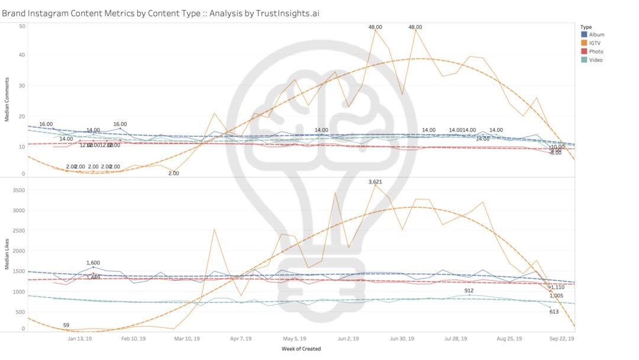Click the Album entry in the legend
[x=596, y=34]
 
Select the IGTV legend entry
[x=596, y=43]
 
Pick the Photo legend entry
[x=596, y=52]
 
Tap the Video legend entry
[x=596, y=60]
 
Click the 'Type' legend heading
[x=586, y=27]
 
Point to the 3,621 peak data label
[x=375, y=182]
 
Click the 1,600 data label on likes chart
[x=93, y=263]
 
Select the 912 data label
[x=469, y=290]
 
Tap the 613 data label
[x=554, y=311]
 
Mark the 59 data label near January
[x=66, y=324]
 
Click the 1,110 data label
[x=557, y=287]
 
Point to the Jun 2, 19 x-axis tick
[x=348, y=339]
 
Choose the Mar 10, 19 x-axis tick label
[x=187, y=339]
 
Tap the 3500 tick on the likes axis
[x=19, y=191]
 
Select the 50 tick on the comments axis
[x=22, y=26]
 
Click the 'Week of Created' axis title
[x=301, y=349]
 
